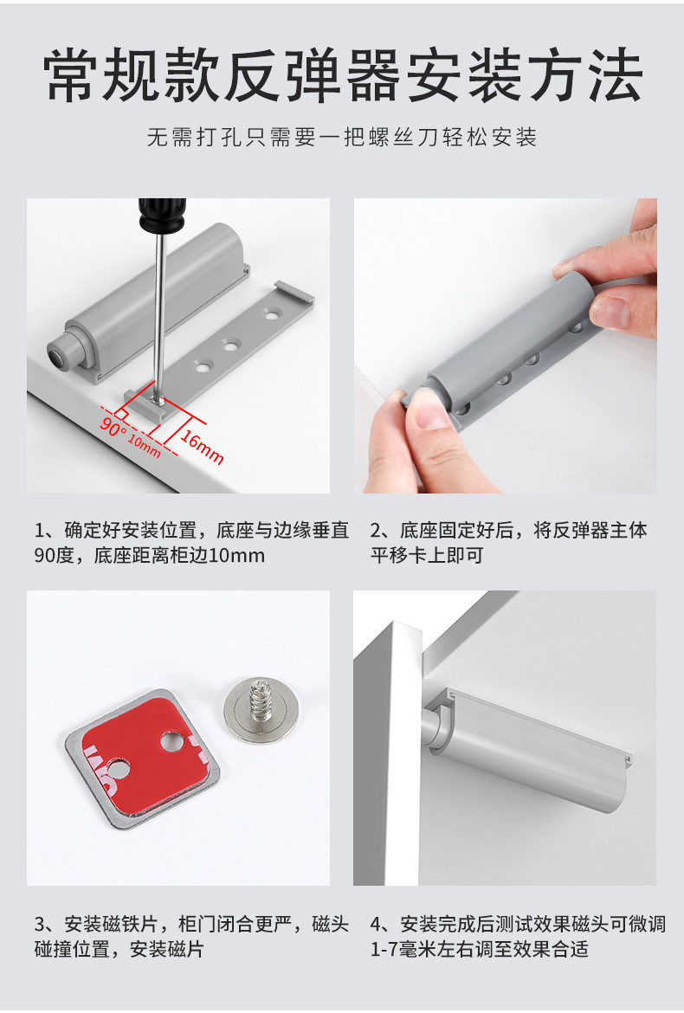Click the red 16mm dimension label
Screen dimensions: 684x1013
[202, 447]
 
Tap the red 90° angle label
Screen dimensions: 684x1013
[113, 426]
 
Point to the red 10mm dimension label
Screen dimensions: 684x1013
[144, 446]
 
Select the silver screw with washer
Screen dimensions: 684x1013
[261, 709]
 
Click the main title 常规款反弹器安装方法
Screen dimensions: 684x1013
[343, 75]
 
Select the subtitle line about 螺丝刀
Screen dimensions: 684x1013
[342, 138]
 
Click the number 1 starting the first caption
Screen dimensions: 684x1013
[40, 531]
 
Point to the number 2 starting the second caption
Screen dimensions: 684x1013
[376, 531]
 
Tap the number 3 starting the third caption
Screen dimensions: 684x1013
[40, 925]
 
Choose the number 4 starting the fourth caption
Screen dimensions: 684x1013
[376, 925]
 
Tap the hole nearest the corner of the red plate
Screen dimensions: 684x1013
[172, 741]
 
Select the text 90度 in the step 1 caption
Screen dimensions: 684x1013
[55, 556]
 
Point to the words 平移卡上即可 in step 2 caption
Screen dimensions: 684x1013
[426, 556]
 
